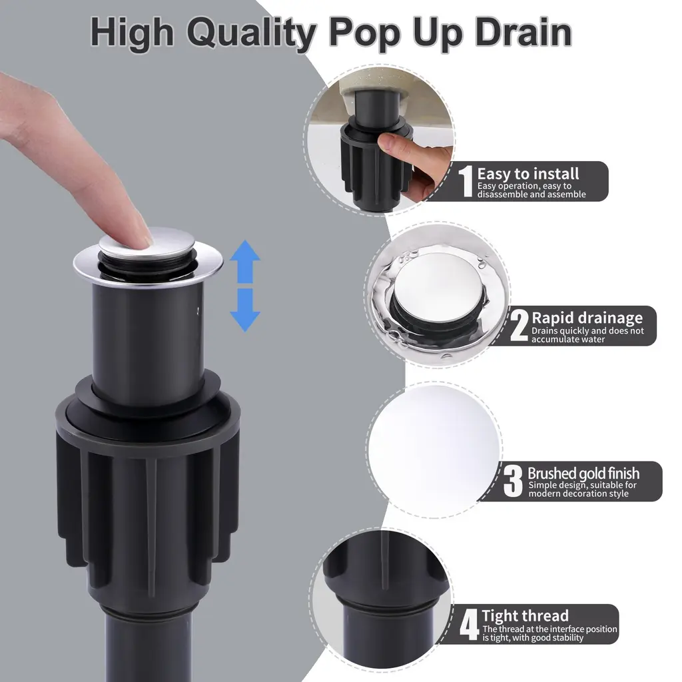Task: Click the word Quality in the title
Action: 251,33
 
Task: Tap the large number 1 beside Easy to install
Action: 466,181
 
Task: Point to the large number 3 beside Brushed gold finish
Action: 513,481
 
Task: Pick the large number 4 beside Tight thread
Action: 470,625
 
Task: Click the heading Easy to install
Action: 528,174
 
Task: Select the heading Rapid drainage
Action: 587,318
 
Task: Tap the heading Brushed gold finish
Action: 583,474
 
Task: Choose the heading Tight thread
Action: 525,616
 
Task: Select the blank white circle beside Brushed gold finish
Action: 434,450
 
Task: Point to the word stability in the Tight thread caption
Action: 567,638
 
